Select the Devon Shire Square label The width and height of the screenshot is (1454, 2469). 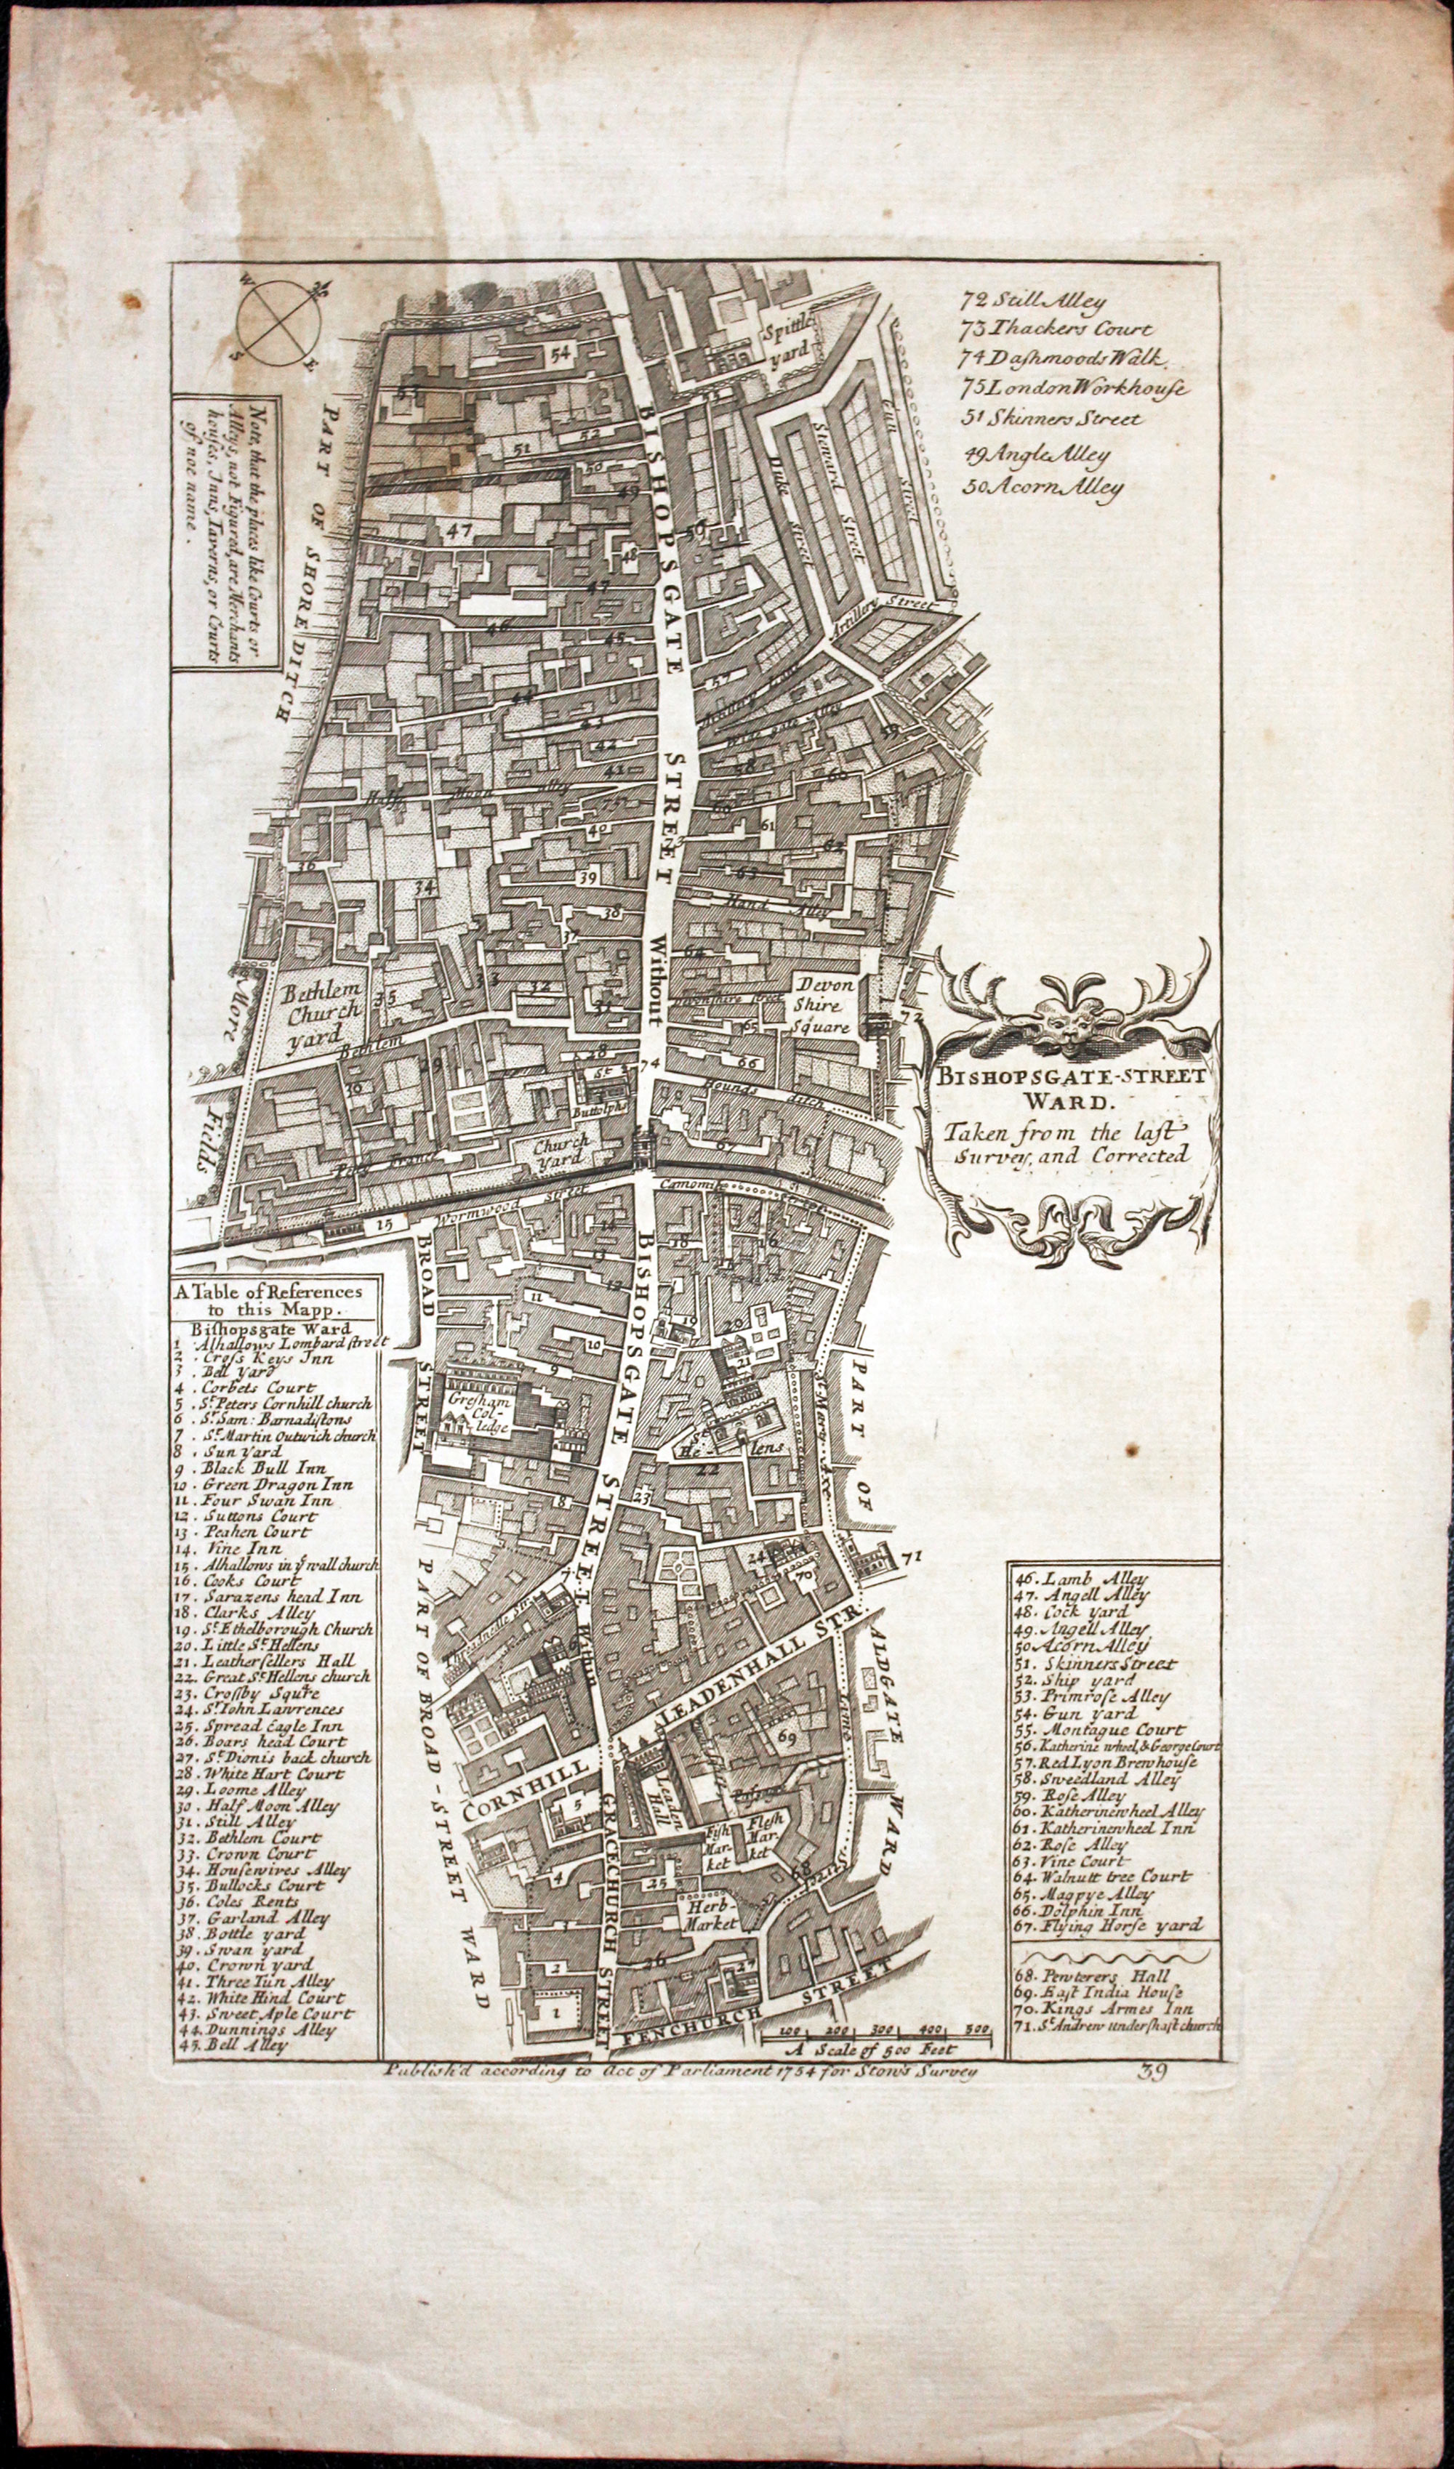click(x=825, y=1004)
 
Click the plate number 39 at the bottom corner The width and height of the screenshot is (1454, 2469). click(x=1152, y=2072)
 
